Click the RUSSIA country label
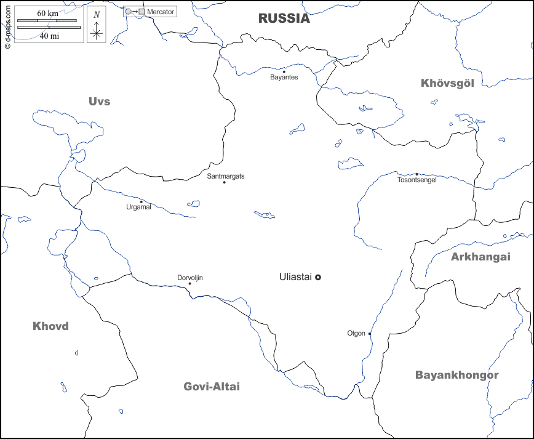[284, 18]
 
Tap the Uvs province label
[99, 102]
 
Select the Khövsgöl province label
[447, 83]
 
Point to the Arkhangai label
[480, 257]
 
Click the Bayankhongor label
[456, 375]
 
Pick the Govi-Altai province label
[212, 387]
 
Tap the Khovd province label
[50, 326]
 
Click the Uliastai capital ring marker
[318, 278]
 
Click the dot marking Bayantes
[284, 71]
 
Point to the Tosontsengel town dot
[416, 174]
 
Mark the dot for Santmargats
[224, 182]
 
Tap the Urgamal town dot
[141, 202]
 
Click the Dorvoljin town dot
[189, 284]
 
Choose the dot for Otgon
[370, 334]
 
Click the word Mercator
[161, 12]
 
